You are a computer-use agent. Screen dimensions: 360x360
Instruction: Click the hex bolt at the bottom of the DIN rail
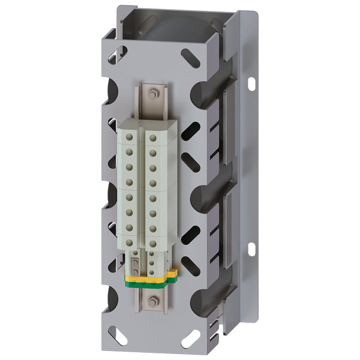(153, 302)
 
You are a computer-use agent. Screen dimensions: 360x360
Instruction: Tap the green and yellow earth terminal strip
(151, 277)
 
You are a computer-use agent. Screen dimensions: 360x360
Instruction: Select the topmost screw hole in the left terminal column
(128, 138)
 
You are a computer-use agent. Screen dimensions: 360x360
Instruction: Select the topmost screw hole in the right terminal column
(154, 139)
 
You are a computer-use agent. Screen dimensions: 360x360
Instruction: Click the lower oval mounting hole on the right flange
(251, 247)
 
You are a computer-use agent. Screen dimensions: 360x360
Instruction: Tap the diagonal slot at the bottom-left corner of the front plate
(119, 336)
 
